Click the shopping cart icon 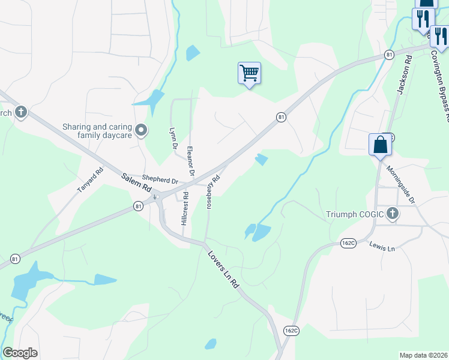click(x=249, y=73)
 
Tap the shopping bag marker click(x=380, y=145)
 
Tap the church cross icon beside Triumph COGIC click(x=393, y=214)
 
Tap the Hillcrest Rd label click(x=184, y=209)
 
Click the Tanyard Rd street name click(x=91, y=179)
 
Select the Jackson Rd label click(x=403, y=75)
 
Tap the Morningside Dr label click(x=401, y=184)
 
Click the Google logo click(x=20, y=353)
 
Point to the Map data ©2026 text click(x=423, y=355)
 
